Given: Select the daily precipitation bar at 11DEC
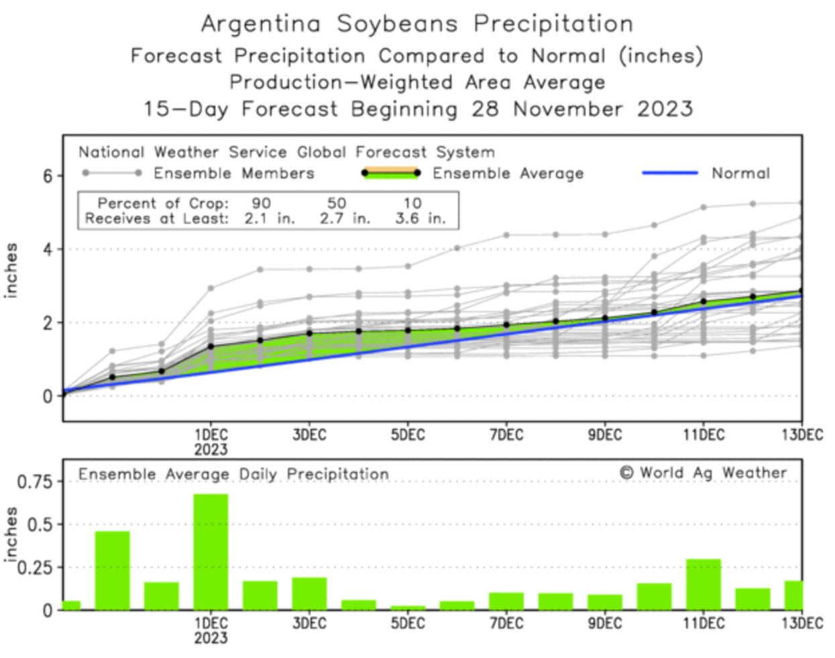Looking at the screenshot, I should (x=703, y=584).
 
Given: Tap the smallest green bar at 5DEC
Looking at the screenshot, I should (x=408, y=607).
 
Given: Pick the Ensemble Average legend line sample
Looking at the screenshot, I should (x=390, y=173).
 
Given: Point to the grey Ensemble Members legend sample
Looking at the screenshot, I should (x=111, y=173).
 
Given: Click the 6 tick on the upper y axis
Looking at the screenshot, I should (x=48, y=176).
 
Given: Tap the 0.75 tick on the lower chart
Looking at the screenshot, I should (x=34, y=482).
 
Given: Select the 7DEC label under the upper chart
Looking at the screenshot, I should (x=506, y=435).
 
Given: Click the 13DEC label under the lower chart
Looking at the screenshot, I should (x=802, y=623).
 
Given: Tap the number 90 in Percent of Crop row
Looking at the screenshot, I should (x=261, y=203).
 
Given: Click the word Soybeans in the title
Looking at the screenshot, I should (x=397, y=24).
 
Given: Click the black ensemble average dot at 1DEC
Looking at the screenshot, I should (x=211, y=346).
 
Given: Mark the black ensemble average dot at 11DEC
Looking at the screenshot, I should (x=704, y=302).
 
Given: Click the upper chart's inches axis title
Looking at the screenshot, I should (x=11, y=270).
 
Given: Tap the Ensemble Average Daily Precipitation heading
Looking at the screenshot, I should (x=233, y=474).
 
